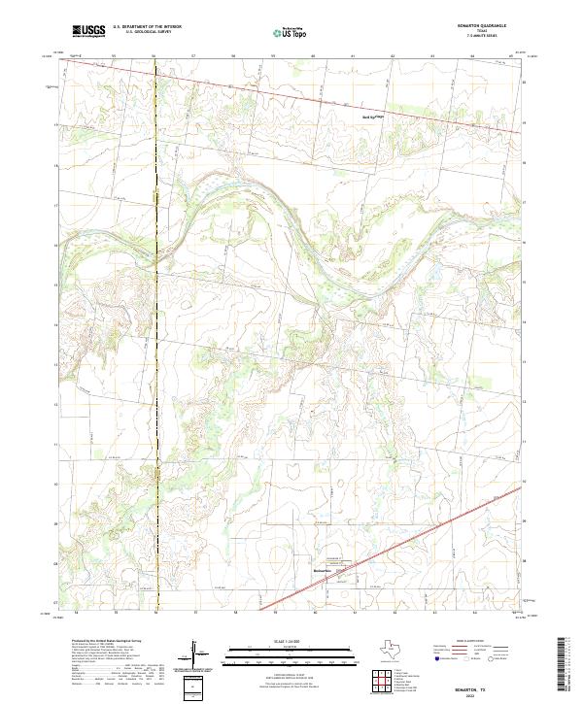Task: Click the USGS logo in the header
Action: [x=88, y=31]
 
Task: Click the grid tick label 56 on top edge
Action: [x=154, y=57]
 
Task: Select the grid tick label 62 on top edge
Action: [x=392, y=57]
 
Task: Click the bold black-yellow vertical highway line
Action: [x=155, y=291]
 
